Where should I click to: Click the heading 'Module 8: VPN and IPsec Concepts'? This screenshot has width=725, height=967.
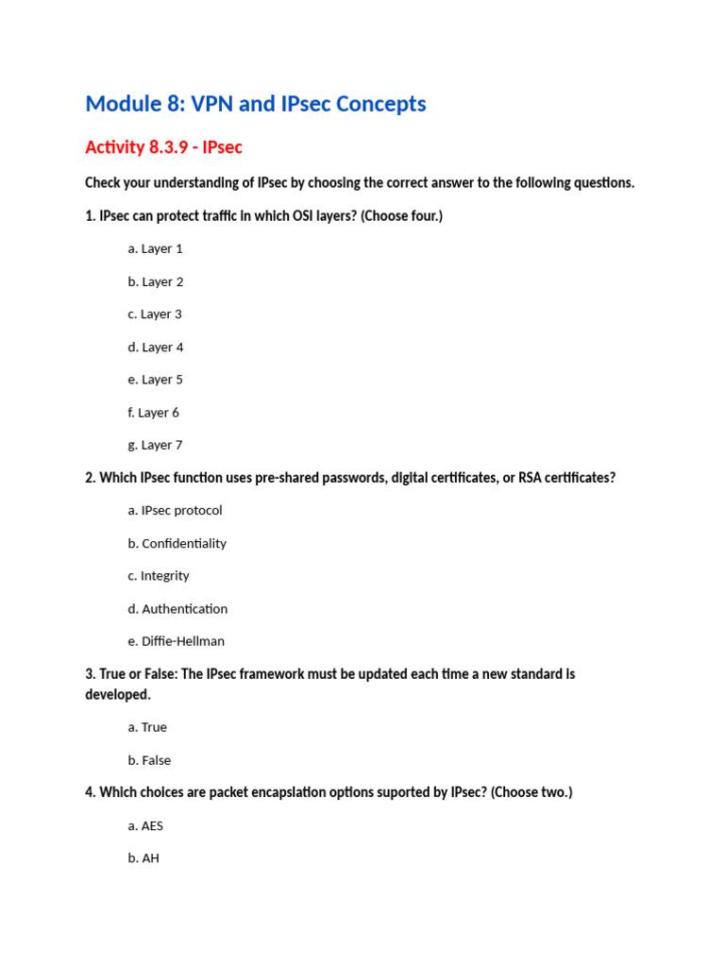[255, 104]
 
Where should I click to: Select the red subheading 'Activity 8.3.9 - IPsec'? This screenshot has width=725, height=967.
[163, 147]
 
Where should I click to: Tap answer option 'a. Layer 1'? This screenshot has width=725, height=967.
[155, 249]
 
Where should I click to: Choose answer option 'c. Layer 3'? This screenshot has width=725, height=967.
[155, 314]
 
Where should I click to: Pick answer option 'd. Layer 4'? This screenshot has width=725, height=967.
[156, 348]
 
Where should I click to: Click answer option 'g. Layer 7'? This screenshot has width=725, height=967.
[155, 446]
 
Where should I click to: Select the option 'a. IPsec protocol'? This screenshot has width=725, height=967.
[175, 511]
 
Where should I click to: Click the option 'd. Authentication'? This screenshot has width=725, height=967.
[177, 609]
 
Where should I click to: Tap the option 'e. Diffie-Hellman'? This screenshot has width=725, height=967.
[176, 642]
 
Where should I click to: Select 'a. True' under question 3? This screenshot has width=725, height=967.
[147, 728]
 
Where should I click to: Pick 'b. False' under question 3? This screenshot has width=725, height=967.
[149, 761]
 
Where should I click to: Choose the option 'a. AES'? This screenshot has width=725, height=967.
[145, 826]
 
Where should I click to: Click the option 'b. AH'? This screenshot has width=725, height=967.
[143, 859]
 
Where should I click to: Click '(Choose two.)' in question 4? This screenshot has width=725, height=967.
[531, 793]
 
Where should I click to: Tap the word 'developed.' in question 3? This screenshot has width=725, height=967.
[118, 695]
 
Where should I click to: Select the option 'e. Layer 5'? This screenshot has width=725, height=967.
[155, 380]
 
